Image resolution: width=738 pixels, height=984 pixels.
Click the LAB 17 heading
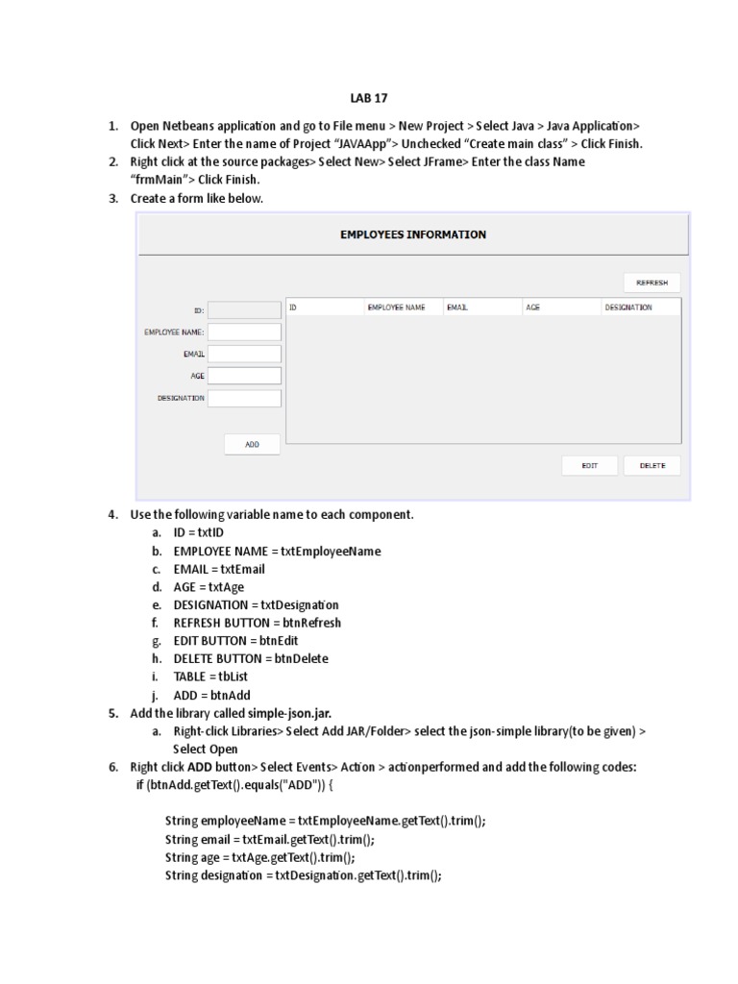(368, 98)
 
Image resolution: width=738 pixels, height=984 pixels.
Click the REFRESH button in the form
(652, 283)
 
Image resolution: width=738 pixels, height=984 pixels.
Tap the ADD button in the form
(252, 444)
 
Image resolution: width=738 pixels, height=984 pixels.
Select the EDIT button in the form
(589, 465)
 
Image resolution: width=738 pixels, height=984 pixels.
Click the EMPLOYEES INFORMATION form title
(413, 234)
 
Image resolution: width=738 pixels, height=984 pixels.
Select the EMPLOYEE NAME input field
(244, 332)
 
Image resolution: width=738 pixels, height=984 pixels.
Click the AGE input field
(244, 376)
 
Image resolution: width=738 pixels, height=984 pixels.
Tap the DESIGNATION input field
(244, 398)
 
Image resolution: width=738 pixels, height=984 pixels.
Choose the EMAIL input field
(244, 354)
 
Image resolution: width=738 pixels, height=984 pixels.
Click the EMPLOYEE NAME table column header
(396, 307)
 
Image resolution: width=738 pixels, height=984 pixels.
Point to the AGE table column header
(533, 307)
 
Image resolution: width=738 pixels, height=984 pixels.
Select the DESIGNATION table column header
(628, 307)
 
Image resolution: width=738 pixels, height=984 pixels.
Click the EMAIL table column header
(456, 307)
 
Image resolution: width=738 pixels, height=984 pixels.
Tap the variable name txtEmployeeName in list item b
(331, 552)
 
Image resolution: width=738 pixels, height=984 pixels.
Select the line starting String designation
(303, 875)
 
